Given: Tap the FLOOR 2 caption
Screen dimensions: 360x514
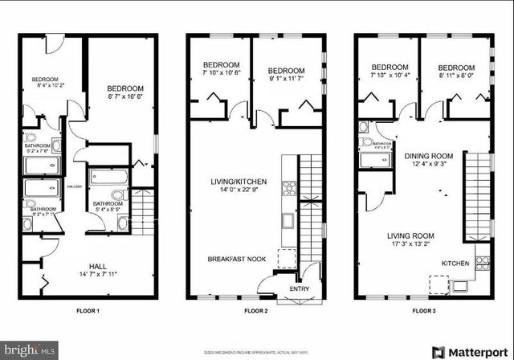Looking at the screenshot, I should (x=255, y=309).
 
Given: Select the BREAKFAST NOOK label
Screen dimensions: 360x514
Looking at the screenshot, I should (x=235, y=259).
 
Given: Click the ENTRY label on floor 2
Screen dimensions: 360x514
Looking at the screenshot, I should (x=300, y=288).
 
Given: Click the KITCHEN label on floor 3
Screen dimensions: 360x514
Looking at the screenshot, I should (x=456, y=263).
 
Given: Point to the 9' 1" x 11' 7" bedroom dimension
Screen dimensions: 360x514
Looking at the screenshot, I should (x=286, y=79).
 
